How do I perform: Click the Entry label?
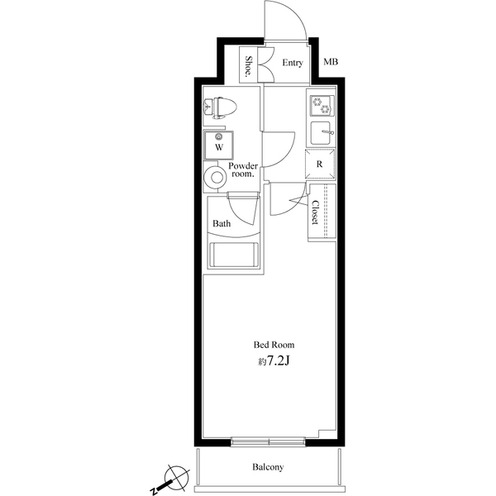click(293, 64)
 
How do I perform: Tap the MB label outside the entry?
click(331, 63)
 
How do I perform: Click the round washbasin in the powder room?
click(217, 176)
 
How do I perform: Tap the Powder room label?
click(244, 170)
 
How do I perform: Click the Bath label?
click(222, 223)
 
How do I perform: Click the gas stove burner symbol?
click(321, 105)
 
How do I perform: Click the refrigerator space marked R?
click(320, 163)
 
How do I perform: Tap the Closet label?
click(316, 213)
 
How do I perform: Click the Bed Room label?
click(273, 345)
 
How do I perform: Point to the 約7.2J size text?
click(273, 361)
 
